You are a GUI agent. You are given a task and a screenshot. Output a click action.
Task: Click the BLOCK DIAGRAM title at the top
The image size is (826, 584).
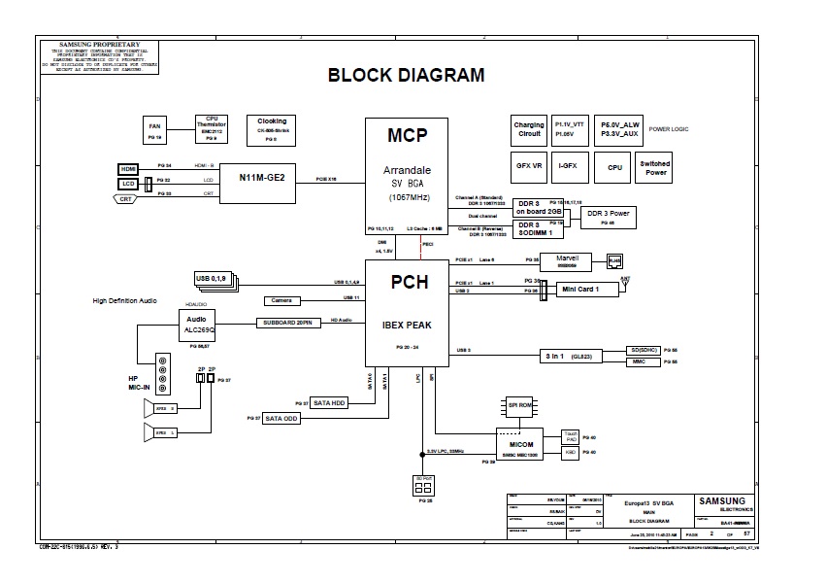point(406,75)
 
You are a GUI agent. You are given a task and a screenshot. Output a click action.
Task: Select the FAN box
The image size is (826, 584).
point(154,130)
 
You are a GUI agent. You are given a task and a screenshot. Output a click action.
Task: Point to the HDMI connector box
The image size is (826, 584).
point(128,167)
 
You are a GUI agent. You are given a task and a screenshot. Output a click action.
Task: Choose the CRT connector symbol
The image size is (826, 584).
point(126,198)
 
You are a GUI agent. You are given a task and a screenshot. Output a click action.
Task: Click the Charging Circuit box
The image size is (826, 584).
point(529,129)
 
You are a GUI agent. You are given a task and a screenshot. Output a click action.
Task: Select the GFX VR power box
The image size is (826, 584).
point(529,166)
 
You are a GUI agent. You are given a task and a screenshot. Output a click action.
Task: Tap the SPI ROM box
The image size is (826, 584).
point(520,407)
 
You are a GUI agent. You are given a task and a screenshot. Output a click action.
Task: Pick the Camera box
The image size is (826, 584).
point(281,300)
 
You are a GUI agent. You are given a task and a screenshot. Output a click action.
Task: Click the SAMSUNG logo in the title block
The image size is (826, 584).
point(721,503)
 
